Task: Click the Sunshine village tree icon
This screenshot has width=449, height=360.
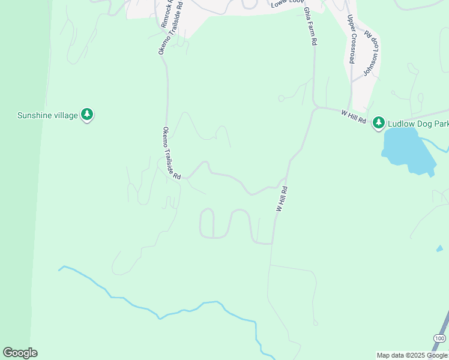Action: [x=88, y=114]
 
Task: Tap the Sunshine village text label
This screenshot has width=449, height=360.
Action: [x=48, y=115]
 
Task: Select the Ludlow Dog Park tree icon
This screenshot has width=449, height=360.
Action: [x=378, y=123]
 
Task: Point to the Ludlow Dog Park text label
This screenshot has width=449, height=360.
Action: [x=417, y=124]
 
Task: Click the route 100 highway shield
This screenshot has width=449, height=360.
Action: [x=439, y=339]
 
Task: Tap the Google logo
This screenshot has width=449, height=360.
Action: [x=20, y=353]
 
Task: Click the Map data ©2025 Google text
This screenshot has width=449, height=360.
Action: [x=412, y=355]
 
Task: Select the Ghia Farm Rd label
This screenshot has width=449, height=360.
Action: [x=310, y=27]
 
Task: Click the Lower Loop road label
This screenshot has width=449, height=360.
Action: [x=285, y=4]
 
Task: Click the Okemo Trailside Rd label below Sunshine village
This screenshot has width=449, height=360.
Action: [x=171, y=154]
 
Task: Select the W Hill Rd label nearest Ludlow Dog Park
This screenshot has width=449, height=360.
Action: [x=354, y=116]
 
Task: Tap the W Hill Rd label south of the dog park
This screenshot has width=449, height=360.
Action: [x=282, y=198]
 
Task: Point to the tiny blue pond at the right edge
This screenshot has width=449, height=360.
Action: [x=439, y=248]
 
